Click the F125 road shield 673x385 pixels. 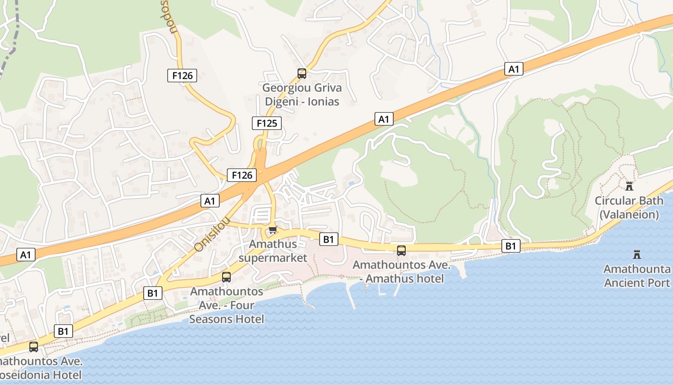click(267, 123)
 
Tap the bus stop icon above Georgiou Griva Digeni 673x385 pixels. click(302, 74)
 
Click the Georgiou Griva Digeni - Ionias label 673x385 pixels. click(302, 95)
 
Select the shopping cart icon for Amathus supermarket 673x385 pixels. click(273, 230)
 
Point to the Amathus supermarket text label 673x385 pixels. click(273, 251)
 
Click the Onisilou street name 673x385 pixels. click(212, 234)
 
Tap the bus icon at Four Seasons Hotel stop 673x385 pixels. click(226, 277)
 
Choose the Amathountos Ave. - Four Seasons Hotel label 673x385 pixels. click(226, 305)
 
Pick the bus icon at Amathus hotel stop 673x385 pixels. click(401, 251)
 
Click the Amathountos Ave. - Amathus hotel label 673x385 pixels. click(402, 272)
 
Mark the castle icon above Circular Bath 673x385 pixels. click(629, 186)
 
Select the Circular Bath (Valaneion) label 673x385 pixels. click(629, 207)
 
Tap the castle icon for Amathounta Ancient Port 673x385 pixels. click(637, 254)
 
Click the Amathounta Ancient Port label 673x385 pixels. click(637, 276)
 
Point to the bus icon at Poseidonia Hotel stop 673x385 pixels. click(34, 346)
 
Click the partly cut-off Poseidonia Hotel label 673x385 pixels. click(41, 368)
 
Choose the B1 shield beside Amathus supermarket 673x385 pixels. click(328, 239)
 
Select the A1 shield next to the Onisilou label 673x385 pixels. click(210, 200)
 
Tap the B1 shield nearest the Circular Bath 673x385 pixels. click(511, 246)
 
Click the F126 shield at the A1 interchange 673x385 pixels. click(242, 175)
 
